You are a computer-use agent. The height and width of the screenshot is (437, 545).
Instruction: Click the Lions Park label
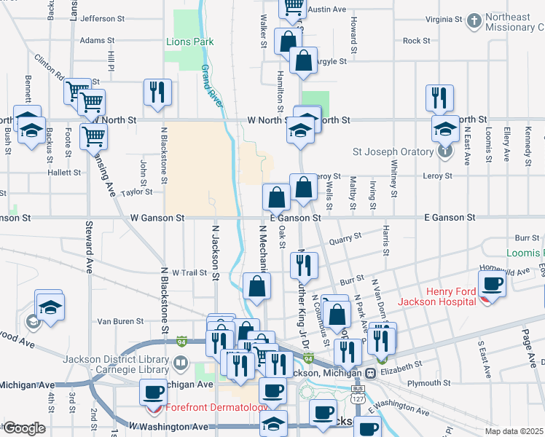click(x=189, y=42)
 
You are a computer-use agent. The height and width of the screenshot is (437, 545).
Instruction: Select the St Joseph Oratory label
click(x=393, y=152)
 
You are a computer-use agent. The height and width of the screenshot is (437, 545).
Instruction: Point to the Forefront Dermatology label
click(x=216, y=408)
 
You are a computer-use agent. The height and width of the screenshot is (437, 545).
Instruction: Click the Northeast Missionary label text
click(x=509, y=23)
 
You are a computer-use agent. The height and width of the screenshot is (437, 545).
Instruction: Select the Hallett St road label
click(x=64, y=173)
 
